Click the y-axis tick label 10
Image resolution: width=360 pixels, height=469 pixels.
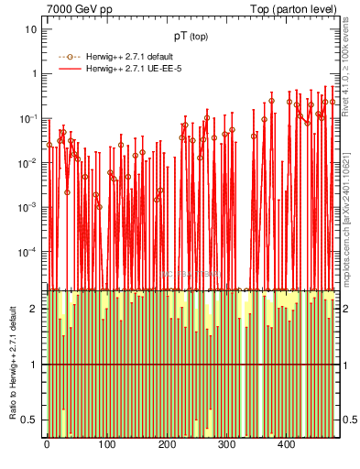tap(31, 29)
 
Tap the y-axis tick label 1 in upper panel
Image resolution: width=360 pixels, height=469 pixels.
tap(34, 74)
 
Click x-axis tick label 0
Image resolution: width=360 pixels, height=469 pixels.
tap(47, 444)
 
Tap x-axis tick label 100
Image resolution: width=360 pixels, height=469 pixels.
tap(106, 444)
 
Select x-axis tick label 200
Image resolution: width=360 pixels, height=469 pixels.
tap(166, 444)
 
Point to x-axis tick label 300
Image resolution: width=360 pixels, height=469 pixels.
tap(225, 444)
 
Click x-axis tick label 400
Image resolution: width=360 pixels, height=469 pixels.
tap(285, 444)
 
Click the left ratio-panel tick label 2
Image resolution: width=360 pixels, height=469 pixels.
tap(34, 309)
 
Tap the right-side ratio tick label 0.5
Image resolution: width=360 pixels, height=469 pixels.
tap(351, 420)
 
